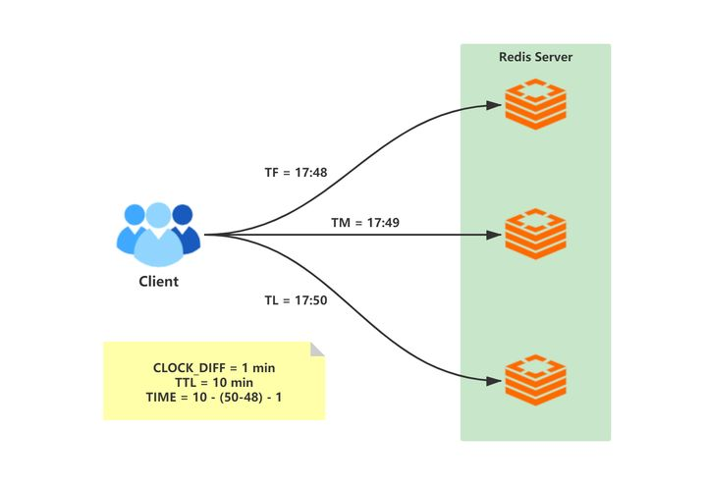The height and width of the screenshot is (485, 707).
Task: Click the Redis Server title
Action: [x=536, y=57]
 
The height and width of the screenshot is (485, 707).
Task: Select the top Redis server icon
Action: [x=536, y=104]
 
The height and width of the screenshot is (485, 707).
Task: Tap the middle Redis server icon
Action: [x=536, y=234]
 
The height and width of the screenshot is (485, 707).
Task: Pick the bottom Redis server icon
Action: [x=536, y=380]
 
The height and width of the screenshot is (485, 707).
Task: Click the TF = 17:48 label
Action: [x=296, y=173]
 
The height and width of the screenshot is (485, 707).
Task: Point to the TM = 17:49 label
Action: [x=365, y=223]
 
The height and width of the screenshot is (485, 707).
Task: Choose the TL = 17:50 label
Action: [x=296, y=300]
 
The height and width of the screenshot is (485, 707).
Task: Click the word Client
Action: [x=159, y=281]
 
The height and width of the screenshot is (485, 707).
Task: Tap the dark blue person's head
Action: [x=183, y=215]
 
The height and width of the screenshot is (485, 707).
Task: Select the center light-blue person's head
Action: [x=159, y=215]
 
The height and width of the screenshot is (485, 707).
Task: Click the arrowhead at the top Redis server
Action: [x=494, y=105]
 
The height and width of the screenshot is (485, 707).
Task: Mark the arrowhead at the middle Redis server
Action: [x=494, y=235]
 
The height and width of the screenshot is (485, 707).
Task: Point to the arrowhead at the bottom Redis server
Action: [x=494, y=381]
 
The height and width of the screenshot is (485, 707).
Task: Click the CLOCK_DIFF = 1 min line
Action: [x=214, y=368]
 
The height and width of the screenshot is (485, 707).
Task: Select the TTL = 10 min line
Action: [x=214, y=383]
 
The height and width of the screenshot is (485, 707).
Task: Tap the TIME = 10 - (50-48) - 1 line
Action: [x=214, y=398]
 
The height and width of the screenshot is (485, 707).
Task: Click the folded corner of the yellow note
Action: [x=317, y=350]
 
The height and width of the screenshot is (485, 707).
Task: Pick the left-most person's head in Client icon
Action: [x=135, y=215]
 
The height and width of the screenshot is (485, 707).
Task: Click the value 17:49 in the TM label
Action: [x=383, y=223]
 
